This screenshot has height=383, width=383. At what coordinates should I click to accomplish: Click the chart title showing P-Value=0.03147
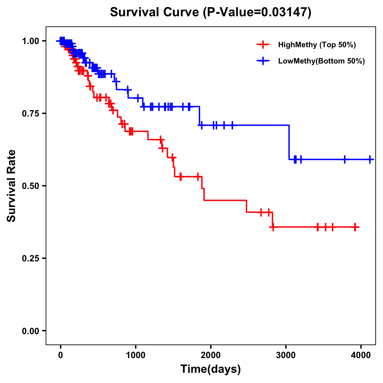pyautogui.click(x=210, y=12)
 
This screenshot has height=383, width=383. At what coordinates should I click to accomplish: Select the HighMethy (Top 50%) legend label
pyautogui.click(x=317, y=45)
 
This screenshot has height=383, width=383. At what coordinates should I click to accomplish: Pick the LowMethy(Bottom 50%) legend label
pyautogui.click(x=321, y=61)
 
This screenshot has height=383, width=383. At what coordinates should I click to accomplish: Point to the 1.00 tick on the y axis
pyautogui.click(x=30, y=41)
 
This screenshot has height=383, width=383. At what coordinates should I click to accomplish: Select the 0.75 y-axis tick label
pyautogui.click(x=30, y=114)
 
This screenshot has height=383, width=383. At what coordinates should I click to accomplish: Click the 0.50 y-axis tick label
pyautogui.click(x=30, y=186)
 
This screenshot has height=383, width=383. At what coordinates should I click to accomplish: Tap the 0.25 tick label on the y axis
pyautogui.click(x=30, y=259)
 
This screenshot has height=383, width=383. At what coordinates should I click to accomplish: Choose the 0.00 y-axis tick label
pyautogui.click(x=30, y=331)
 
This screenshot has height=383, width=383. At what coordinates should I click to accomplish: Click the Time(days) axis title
pyautogui.click(x=211, y=369)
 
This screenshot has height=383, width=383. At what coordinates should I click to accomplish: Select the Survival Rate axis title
pyautogui.click(x=11, y=186)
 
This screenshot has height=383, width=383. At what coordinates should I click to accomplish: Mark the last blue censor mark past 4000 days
pyautogui.click(x=370, y=159)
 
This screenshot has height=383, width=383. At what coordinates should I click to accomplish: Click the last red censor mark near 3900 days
pyautogui.click(x=355, y=227)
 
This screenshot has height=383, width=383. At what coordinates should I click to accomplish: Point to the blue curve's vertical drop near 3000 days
pyautogui.click(x=289, y=142)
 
